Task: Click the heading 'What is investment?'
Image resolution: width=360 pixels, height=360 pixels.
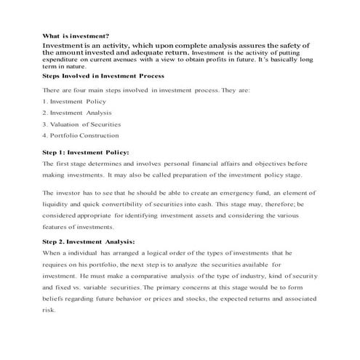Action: tap(76, 36)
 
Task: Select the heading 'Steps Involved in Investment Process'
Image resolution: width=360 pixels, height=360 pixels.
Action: tap(103, 76)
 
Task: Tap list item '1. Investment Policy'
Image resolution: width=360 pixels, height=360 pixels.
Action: tap(74, 101)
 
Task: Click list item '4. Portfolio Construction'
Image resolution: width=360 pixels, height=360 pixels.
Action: tap(81, 135)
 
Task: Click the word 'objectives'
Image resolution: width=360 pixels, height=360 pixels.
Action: tap(263, 164)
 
